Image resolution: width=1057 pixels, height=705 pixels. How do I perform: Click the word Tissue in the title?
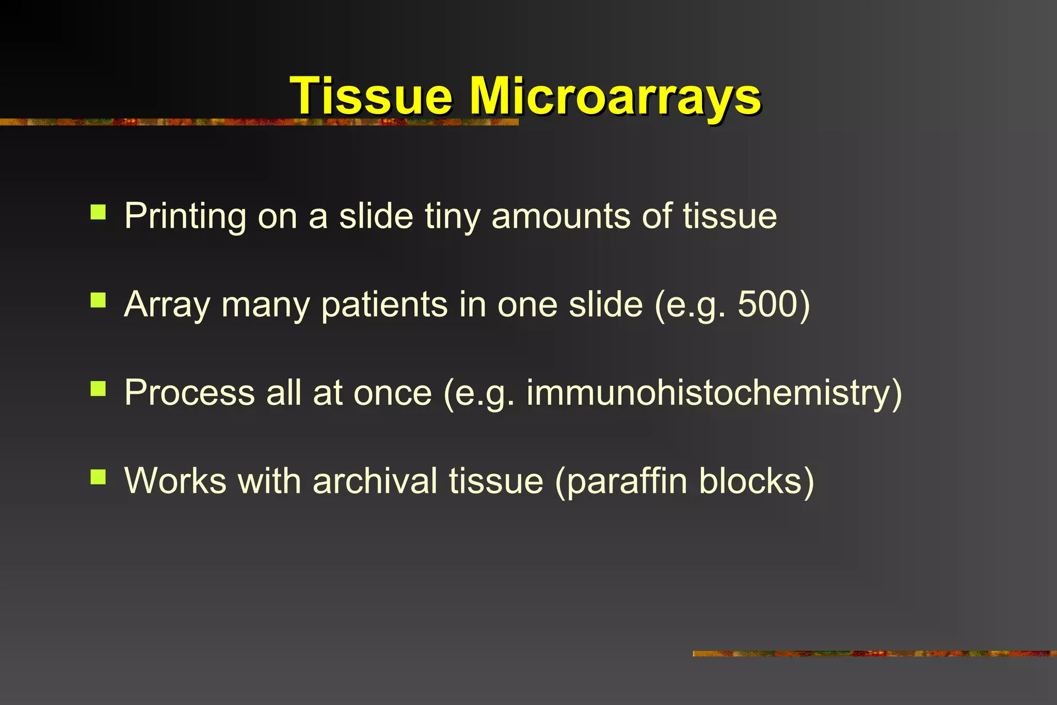371,96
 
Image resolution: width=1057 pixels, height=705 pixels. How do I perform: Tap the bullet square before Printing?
98,212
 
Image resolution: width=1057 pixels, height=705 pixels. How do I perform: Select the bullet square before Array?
98,300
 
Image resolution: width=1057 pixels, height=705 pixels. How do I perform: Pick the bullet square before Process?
98,389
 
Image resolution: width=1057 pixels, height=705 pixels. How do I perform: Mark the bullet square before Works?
98,477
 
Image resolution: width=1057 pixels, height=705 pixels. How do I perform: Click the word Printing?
185,216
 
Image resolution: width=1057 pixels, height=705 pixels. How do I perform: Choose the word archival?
375,480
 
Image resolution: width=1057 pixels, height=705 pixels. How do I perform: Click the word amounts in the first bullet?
560,216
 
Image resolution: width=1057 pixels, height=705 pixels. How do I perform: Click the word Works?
175,480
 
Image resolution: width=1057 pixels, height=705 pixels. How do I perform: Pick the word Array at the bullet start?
167,305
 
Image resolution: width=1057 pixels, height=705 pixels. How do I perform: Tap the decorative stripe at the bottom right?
874,654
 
